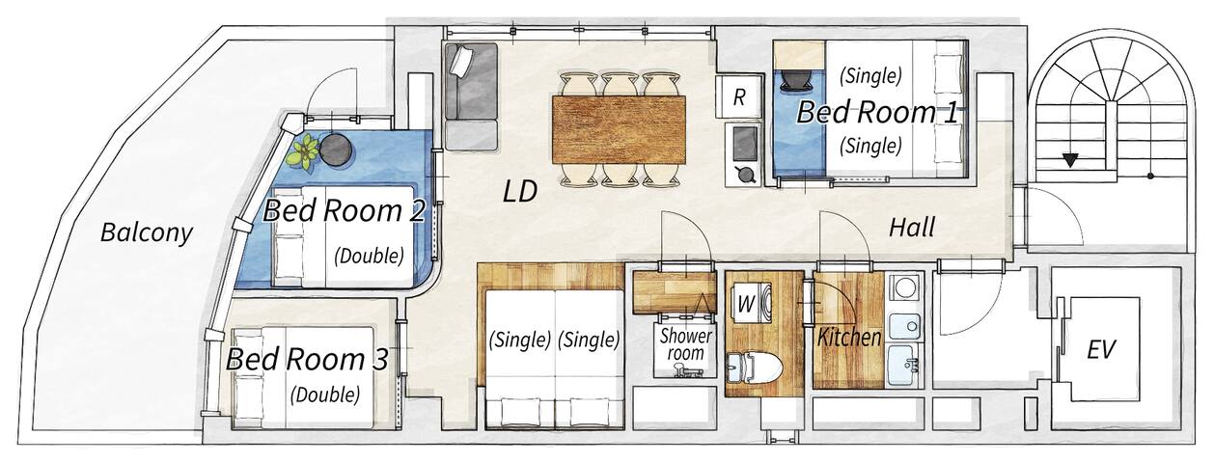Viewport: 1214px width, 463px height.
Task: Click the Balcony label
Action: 147,232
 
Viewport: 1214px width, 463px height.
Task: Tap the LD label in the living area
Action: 519,192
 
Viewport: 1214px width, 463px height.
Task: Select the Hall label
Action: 912,228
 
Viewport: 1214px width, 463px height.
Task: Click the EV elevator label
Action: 1101,349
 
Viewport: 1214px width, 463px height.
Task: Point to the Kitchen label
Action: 849,338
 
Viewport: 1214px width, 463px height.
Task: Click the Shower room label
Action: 685,345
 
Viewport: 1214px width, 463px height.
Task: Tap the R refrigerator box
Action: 739,96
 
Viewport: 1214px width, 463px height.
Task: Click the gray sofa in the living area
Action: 469,96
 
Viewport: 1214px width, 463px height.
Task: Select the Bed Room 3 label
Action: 307,361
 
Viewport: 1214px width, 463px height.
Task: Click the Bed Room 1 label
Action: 876,112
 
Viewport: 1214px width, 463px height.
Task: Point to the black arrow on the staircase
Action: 1069,160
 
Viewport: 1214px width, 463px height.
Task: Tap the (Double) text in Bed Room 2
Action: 369,256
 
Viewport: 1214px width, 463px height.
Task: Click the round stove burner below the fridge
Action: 745,175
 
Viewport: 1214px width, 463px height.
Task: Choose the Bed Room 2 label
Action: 345,209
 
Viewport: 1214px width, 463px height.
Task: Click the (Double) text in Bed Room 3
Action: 326,394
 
